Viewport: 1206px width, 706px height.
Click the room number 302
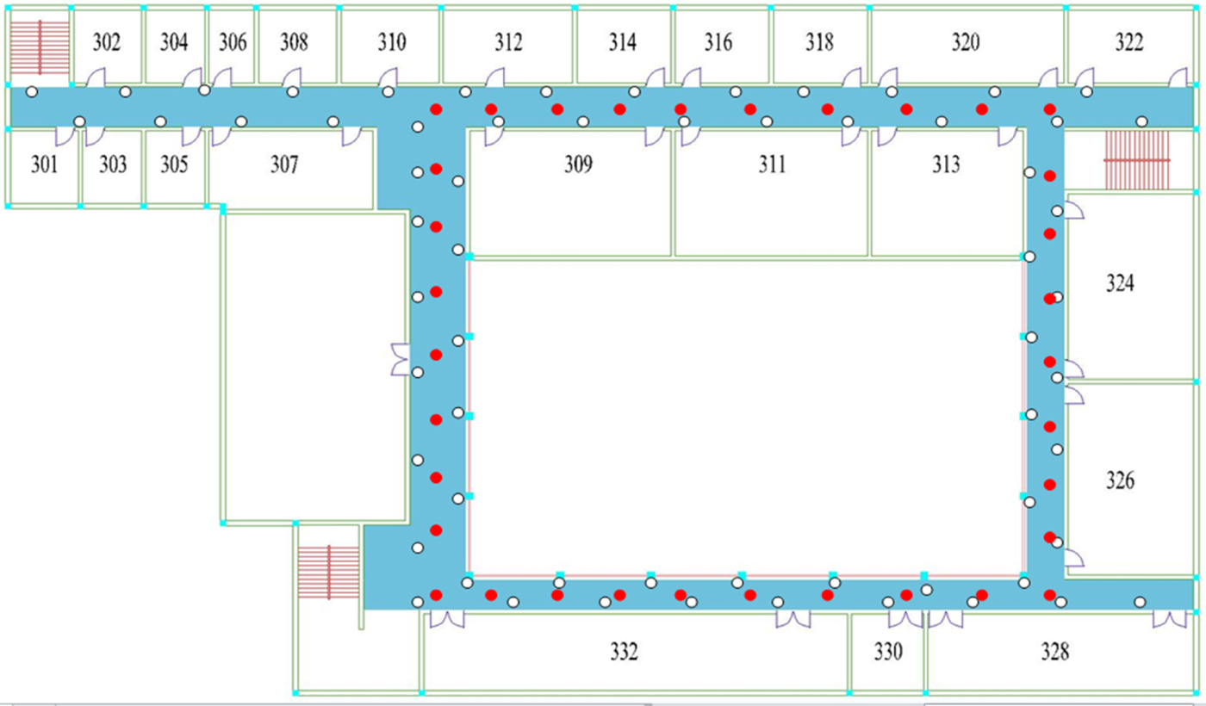click(x=107, y=42)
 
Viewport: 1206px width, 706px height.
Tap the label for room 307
click(x=284, y=164)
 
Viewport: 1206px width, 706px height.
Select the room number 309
click(x=578, y=164)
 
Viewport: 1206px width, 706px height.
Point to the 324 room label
click(x=1120, y=283)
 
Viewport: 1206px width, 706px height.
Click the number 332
click(x=624, y=652)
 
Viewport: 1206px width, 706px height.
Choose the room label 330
click(x=888, y=652)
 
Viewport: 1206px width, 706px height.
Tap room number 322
click(x=1129, y=42)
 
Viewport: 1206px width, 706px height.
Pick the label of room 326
click(x=1120, y=480)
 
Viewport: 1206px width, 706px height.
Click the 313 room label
click(x=946, y=164)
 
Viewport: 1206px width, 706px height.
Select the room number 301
click(x=44, y=164)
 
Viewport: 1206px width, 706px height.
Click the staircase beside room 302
click(x=40, y=47)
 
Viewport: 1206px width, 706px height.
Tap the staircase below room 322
click(x=1136, y=160)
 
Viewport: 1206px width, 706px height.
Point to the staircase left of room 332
click(x=328, y=572)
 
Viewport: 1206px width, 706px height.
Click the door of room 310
click(x=388, y=77)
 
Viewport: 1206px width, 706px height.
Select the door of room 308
click(x=291, y=77)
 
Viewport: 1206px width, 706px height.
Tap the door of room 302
click(x=96, y=77)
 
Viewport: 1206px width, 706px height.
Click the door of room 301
click(x=65, y=137)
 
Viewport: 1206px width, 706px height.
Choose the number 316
click(x=718, y=42)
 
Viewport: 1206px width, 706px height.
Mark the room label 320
click(x=966, y=42)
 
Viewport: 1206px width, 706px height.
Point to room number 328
click(x=1054, y=652)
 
